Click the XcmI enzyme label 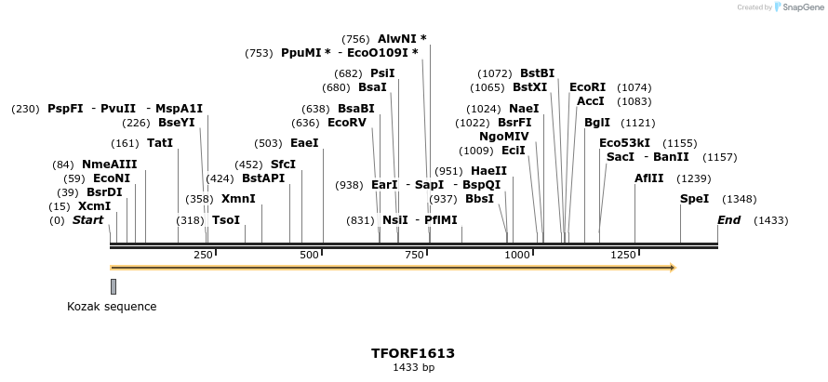click(94, 206)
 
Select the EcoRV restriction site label click(347, 123)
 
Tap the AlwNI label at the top click(396, 39)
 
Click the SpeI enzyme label click(694, 199)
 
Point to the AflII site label click(649, 178)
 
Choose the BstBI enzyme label click(537, 73)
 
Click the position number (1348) click(740, 199)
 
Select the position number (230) click(25, 109)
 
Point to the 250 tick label click(203, 255)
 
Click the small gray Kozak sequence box click(114, 286)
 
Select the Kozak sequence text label click(112, 307)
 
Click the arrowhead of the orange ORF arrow click(672, 268)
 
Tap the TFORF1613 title click(413, 353)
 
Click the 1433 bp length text click(413, 368)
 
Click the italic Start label click(87, 220)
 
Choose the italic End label click(729, 220)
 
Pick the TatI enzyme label click(160, 143)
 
